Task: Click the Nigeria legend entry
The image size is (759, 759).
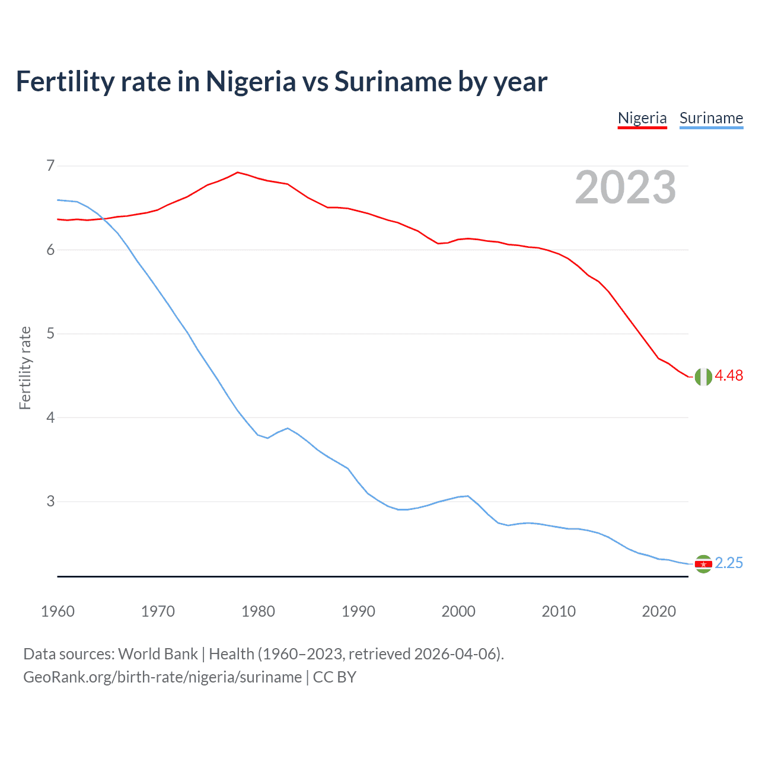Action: (642, 118)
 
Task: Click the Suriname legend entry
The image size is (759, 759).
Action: (711, 118)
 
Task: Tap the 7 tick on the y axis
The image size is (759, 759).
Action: (50, 165)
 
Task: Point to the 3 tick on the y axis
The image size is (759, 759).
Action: (50, 502)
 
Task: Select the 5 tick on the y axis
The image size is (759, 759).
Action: (50, 334)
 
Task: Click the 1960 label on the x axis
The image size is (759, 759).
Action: (58, 611)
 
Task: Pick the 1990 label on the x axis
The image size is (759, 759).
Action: (358, 611)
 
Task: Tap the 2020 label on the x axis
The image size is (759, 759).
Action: (659, 611)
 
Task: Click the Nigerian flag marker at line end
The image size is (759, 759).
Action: (703, 377)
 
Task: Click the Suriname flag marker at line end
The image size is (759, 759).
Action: (703, 564)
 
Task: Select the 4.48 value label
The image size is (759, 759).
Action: (729, 376)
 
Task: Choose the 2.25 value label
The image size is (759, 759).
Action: (729, 563)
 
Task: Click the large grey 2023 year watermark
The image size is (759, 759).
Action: (625, 187)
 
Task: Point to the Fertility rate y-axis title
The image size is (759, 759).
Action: (25, 368)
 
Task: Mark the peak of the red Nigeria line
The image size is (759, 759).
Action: (238, 173)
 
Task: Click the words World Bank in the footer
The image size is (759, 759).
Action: (158, 654)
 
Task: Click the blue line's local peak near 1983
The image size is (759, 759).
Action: (288, 428)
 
